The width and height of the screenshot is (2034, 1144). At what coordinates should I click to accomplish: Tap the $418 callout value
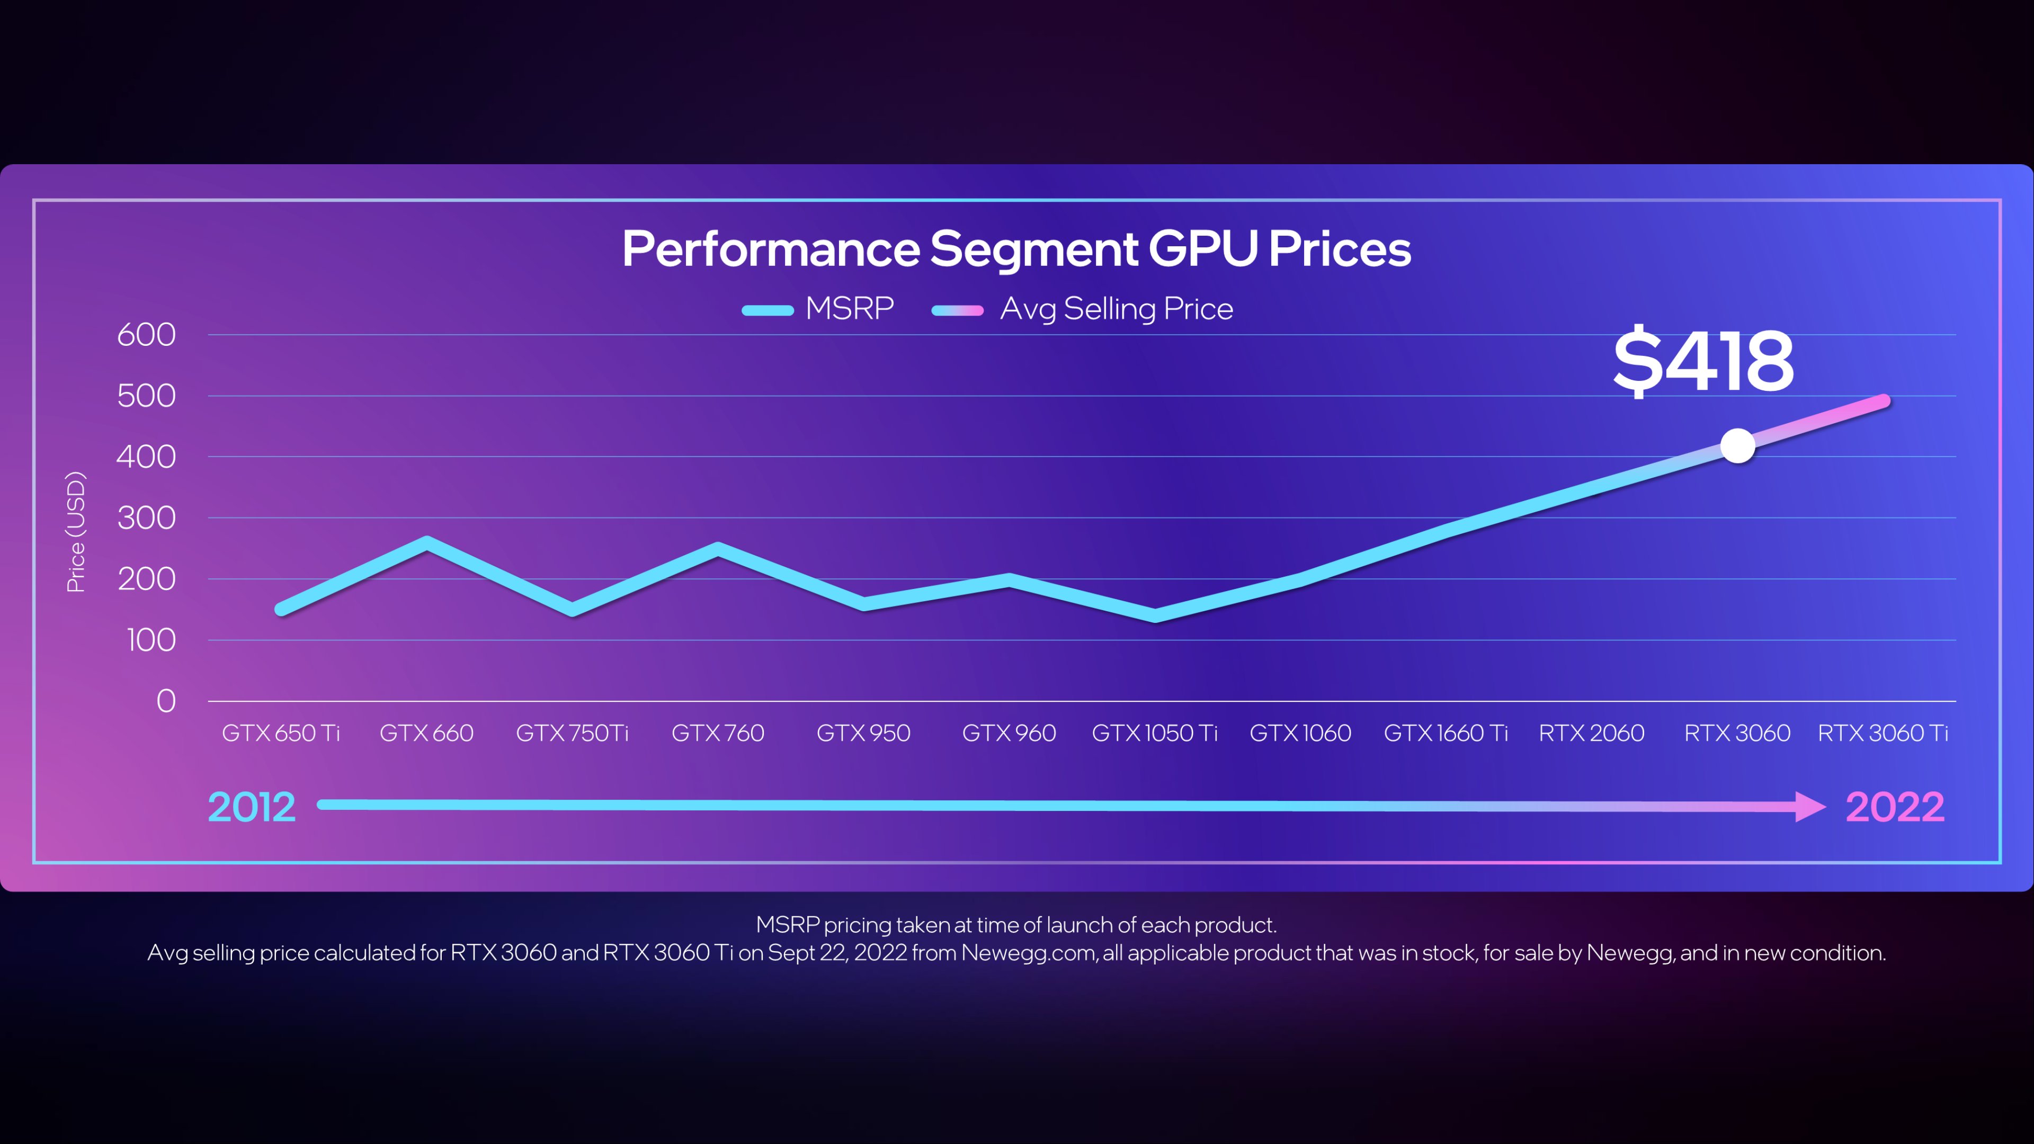(1703, 362)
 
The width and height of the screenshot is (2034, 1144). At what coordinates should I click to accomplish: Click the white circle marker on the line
(1737, 446)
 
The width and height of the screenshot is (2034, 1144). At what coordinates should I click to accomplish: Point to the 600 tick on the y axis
(146, 335)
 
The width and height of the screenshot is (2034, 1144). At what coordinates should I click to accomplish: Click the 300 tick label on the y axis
(146, 518)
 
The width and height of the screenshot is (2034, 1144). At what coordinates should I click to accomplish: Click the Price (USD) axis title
(76, 531)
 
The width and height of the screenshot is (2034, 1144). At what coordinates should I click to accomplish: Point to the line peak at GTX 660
(427, 542)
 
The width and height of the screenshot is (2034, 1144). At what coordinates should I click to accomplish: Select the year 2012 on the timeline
(251, 807)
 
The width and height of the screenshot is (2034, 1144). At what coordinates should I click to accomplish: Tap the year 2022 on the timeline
(1894, 807)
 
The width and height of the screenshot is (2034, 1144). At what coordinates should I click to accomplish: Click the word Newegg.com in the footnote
(1027, 953)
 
